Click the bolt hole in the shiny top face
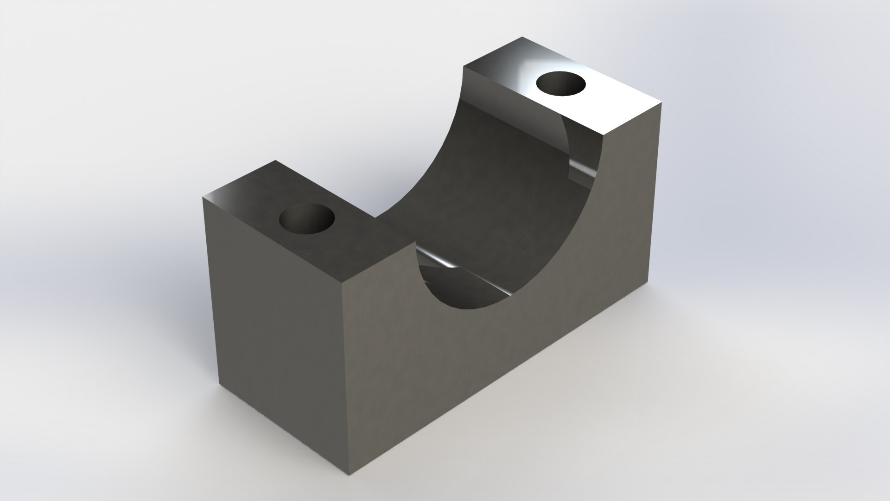click(560, 83)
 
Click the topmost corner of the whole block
click(522, 37)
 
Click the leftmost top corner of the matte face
click(203, 197)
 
